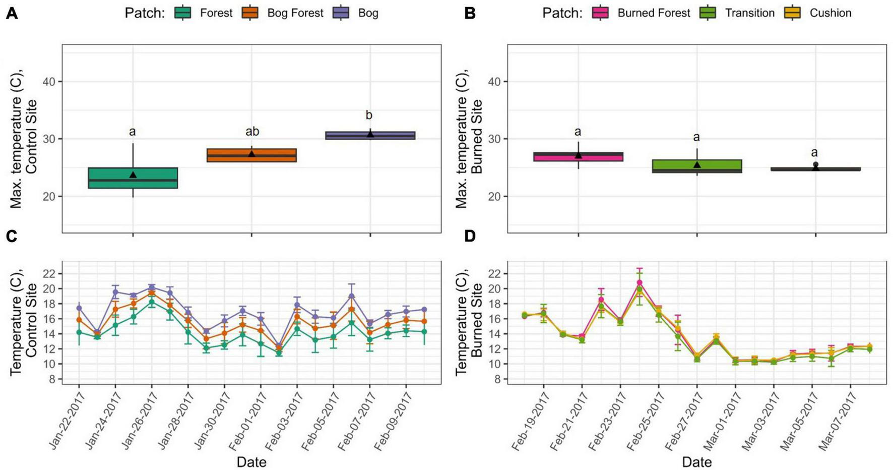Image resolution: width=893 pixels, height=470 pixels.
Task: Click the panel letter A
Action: coord(12,14)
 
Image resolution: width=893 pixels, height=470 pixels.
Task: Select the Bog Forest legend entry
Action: coord(295,13)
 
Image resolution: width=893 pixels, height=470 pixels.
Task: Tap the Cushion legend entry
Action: coord(830,13)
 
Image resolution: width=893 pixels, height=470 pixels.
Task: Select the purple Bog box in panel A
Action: coord(370,135)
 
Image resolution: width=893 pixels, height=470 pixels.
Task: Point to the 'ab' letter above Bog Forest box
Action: coord(252,132)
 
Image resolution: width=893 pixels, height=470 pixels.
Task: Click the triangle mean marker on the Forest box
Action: coord(133,174)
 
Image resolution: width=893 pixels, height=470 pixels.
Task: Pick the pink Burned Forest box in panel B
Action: coord(578,157)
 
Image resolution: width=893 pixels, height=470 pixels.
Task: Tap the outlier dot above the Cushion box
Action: coord(815,164)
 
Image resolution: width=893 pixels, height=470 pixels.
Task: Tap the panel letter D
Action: coord(470,235)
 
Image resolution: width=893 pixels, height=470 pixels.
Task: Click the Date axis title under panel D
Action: coord(696,461)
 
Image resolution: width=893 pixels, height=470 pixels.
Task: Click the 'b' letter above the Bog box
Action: coord(369,115)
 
